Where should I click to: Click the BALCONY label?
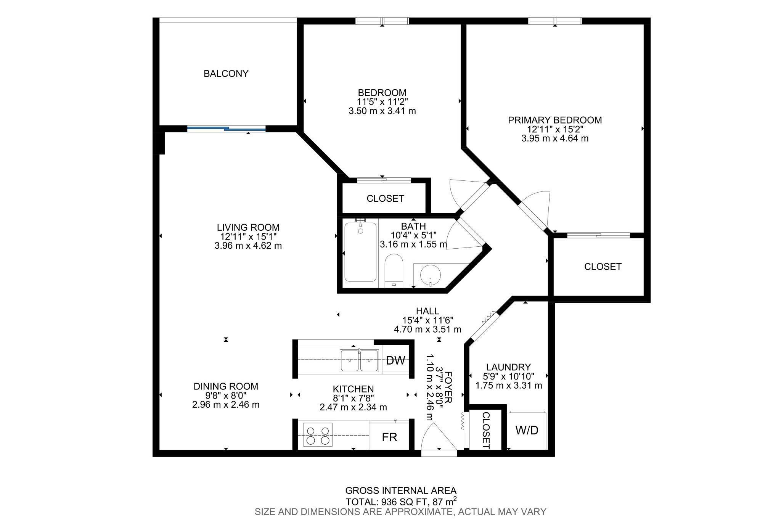[226, 74]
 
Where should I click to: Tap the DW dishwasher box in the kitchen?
[395, 360]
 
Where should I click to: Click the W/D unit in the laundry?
[527, 430]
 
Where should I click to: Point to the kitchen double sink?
[360, 360]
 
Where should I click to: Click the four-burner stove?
[318, 435]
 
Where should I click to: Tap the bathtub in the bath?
[360, 251]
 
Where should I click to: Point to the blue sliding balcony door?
[227, 129]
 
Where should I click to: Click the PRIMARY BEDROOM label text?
[555, 120]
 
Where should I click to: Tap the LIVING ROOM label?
[248, 227]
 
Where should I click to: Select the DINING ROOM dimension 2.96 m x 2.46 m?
[226, 405]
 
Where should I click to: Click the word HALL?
[427, 311]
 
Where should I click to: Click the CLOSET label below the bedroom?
[385, 199]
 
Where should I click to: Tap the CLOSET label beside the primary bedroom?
[603, 267]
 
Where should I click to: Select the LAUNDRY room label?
[508, 367]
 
